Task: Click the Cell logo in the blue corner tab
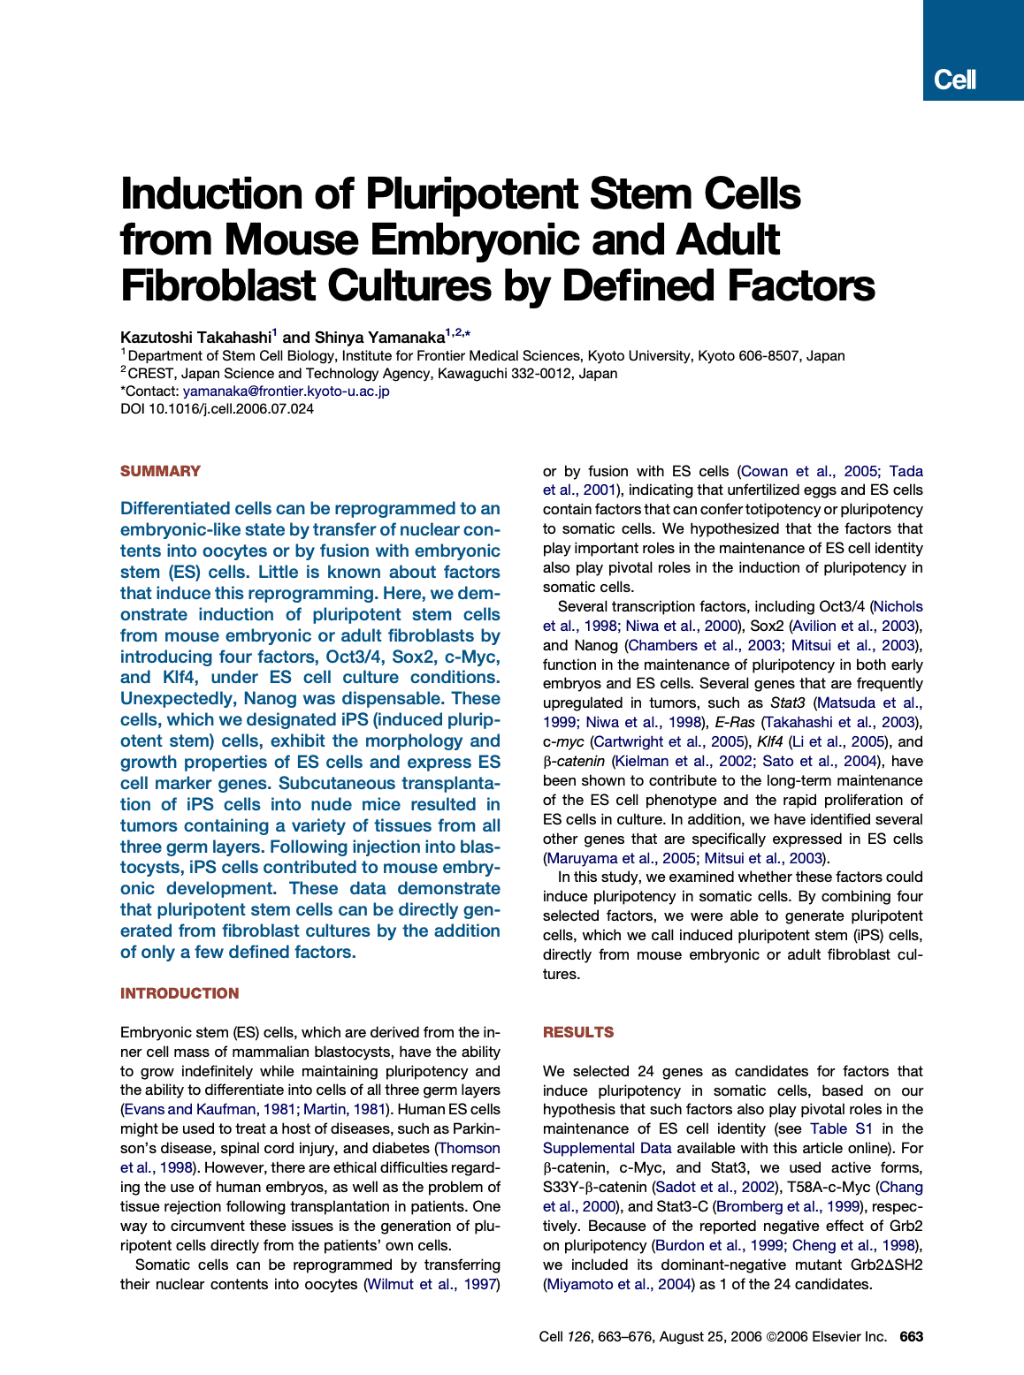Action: [955, 80]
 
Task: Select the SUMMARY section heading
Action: [160, 471]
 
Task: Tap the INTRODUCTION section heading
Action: [180, 993]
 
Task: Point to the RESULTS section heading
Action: [578, 1032]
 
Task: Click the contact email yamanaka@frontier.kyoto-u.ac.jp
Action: [286, 391]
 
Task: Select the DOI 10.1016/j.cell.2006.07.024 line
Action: [217, 408]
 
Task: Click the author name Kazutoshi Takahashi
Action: [195, 338]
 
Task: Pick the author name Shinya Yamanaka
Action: [379, 338]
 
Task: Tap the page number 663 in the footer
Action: [911, 1336]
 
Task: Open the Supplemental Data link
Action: [607, 1148]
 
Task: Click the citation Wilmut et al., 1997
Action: [432, 1284]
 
